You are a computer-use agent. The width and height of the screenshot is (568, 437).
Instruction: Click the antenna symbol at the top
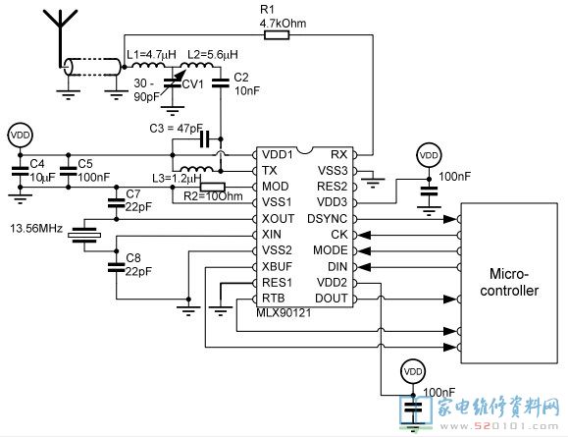pos(61,36)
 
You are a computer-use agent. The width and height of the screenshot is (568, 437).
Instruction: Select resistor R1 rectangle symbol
pos(277,34)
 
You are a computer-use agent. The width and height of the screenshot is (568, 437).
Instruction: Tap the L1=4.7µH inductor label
pos(151,55)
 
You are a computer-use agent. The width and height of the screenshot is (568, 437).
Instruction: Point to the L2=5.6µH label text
pos(213,55)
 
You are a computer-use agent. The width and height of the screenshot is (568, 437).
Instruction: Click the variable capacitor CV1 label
pos(192,84)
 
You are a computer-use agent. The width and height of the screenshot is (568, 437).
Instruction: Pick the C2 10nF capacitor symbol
pos(221,83)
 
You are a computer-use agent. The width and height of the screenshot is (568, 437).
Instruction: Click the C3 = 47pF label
pos(176,128)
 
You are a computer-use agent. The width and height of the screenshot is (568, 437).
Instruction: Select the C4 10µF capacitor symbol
pos(20,171)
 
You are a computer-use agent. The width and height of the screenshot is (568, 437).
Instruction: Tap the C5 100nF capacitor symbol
pos(69,171)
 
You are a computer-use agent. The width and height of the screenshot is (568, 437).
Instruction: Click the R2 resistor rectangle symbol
pos(213,187)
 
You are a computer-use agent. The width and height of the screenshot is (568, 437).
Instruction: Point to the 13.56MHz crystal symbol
pos(84,235)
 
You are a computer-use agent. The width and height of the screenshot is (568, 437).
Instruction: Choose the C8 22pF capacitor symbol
pos(117,267)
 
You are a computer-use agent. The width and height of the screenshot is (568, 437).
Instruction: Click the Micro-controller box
pos(509,283)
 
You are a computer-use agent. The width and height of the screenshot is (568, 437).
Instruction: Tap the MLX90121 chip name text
pos(284,313)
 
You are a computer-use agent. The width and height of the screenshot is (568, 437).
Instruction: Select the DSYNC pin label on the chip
pos(327,219)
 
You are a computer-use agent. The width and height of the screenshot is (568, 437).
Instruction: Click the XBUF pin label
pos(277,266)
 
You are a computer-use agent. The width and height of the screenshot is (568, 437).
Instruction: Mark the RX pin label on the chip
pos(338,154)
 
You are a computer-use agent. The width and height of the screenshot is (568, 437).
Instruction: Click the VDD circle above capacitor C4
pos(21,136)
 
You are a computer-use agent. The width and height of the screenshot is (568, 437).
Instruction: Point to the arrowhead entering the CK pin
pos(365,235)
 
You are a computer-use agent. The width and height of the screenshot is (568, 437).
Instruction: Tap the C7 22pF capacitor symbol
pos(117,203)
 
